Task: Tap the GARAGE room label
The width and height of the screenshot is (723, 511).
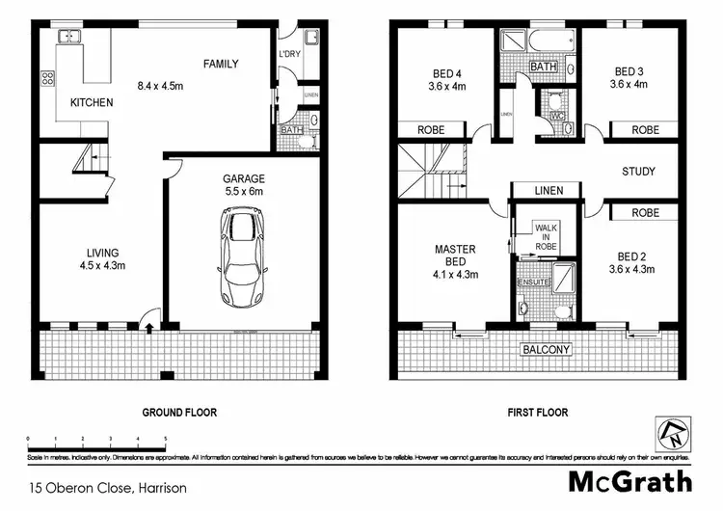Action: point(243,178)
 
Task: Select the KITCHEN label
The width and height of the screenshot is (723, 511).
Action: point(92,102)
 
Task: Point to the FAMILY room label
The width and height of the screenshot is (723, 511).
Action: point(220,65)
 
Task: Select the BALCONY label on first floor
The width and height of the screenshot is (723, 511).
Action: point(546,349)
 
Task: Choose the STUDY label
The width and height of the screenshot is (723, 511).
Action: point(638,172)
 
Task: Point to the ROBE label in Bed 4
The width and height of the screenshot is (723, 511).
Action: point(430,130)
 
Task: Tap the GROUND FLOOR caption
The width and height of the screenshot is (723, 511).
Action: point(179,413)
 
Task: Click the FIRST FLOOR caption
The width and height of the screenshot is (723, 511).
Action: point(537,413)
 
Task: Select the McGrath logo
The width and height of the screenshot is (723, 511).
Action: point(629,479)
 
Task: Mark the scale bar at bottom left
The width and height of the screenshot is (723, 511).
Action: point(96,442)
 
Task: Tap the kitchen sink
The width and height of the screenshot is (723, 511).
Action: point(70,37)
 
